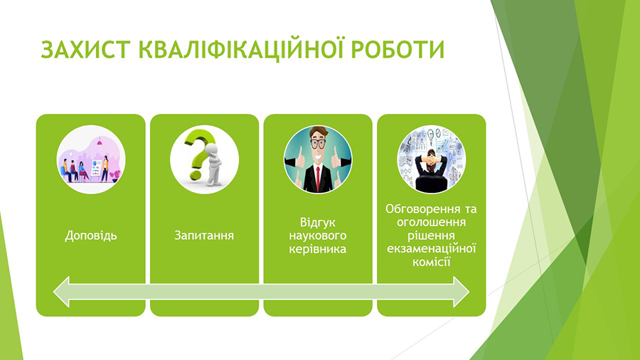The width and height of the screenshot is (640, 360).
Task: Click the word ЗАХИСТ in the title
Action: [85, 51]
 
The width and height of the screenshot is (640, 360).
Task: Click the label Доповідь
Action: [91, 236]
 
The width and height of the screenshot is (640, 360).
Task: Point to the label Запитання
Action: [204, 235]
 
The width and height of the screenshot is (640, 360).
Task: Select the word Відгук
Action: [318, 223]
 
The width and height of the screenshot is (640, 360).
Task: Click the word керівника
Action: [318, 249]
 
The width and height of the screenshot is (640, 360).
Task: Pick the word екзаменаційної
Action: [432, 248]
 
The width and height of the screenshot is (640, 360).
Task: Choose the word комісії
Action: [432, 262]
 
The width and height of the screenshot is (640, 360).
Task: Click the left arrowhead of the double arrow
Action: [62, 292]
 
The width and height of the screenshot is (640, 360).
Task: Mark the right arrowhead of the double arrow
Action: [462, 292]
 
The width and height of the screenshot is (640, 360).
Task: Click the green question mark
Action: [198, 153]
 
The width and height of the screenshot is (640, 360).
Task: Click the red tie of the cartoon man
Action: [318, 179]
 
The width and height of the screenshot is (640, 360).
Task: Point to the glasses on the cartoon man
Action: [318, 144]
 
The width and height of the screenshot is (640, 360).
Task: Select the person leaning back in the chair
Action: [431, 171]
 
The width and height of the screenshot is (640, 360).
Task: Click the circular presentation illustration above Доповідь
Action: [91, 159]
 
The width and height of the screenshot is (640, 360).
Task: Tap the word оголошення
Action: [432, 223]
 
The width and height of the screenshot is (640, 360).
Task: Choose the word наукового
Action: [318, 236]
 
